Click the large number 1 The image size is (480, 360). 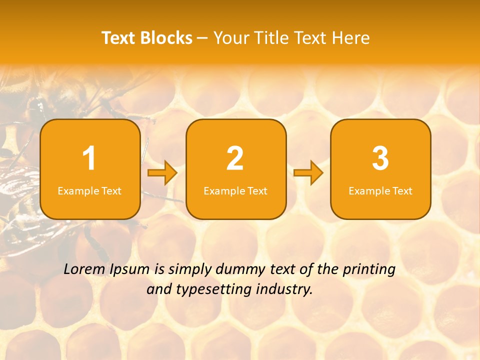tap(89, 158)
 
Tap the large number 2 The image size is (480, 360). tap(235, 158)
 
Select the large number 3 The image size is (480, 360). tap(380, 158)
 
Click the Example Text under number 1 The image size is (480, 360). tap(89, 191)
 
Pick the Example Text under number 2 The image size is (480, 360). tap(235, 191)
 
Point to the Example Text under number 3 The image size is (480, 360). tap(380, 191)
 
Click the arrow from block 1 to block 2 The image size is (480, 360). tap(163, 173)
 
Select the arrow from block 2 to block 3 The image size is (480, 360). tap(308, 173)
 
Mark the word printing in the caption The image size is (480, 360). tap(369, 270)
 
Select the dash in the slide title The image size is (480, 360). tap(203, 38)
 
